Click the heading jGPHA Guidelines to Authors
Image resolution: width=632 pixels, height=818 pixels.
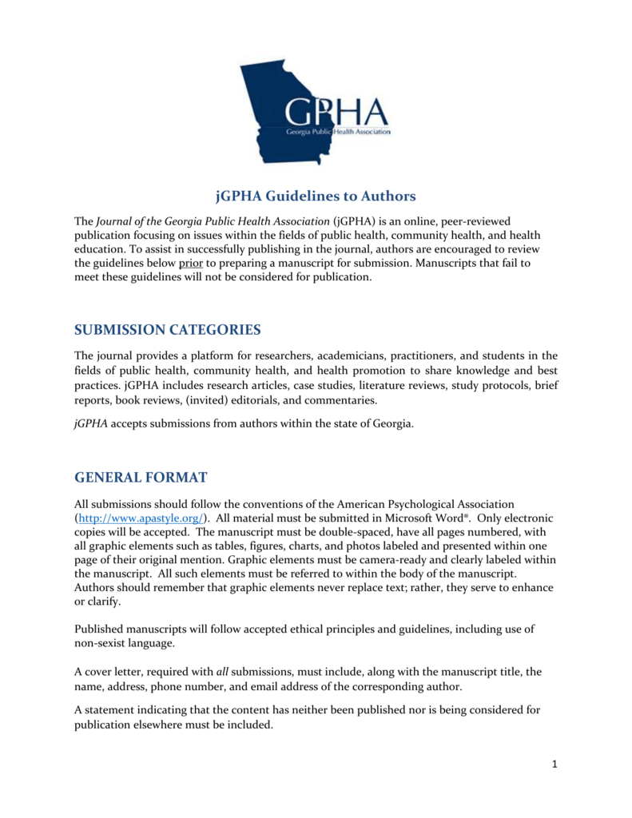tap(316, 196)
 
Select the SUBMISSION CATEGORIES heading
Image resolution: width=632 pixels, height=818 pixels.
tap(167, 330)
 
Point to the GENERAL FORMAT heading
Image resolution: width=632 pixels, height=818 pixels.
tap(141, 478)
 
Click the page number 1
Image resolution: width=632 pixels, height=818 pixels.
tap(553, 764)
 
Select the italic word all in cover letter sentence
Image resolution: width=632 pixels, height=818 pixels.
tap(223, 671)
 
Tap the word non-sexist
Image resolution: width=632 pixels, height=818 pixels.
tap(103, 643)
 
